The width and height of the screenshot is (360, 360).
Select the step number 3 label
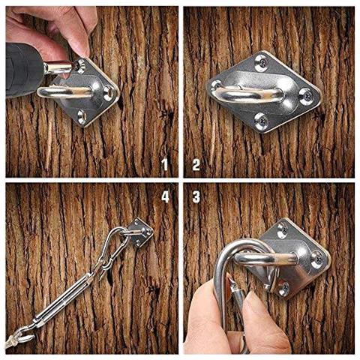pos(196,197)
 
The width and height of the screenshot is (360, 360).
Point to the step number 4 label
pos(165,197)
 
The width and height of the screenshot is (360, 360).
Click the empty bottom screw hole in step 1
pos(82,115)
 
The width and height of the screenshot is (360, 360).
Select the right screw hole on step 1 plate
pos(107,94)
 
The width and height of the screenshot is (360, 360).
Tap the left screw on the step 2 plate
pos(217,84)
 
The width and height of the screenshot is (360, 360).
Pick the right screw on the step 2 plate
pos(305,95)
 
